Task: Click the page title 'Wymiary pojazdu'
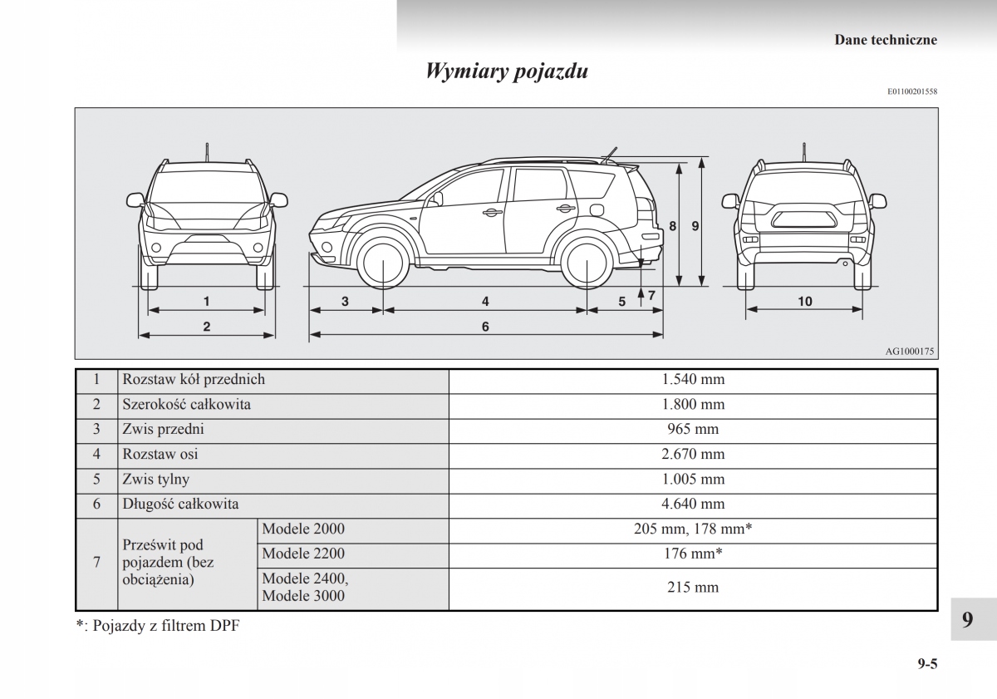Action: point(507,71)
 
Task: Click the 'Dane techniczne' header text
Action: point(886,40)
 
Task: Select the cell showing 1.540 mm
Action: point(693,380)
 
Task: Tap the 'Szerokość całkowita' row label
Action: point(186,405)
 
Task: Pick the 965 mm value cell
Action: point(693,430)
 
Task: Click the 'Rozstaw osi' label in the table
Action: point(160,455)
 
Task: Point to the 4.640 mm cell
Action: point(693,504)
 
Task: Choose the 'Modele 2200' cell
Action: point(303,554)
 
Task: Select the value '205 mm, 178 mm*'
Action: point(693,529)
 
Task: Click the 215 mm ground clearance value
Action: point(693,587)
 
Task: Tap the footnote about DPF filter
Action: point(157,626)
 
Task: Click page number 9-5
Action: point(927,663)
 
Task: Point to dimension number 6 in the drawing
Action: point(485,327)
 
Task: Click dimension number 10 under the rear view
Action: point(804,302)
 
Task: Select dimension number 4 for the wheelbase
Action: point(485,302)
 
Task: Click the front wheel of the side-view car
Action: point(384,263)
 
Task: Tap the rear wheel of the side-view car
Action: point(587,263)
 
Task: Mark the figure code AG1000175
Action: point(910,352)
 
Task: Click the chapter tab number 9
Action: point(967,619)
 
